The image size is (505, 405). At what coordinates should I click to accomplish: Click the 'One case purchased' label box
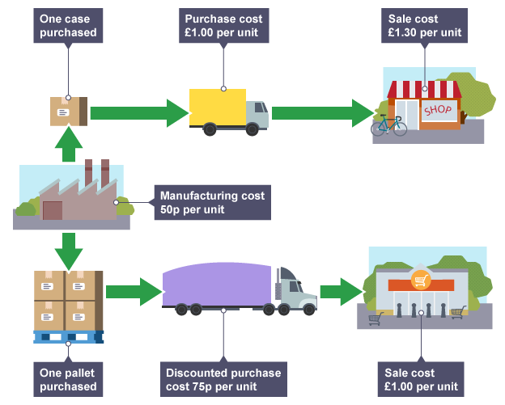(x=69, y=25)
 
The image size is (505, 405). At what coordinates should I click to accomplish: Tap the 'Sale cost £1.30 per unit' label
(x=424, y=25)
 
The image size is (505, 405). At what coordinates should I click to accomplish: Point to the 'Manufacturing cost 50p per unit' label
(x=211, y=203)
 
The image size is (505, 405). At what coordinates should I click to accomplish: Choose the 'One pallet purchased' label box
(x=68, y=379)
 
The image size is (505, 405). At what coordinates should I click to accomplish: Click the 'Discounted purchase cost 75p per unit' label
(x=223, y=379)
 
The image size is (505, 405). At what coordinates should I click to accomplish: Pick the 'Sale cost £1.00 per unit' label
(x=423, y=379)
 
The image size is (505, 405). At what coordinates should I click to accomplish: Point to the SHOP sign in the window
(x=437, y=110)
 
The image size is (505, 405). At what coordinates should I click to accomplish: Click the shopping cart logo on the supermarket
(x=420, y=281)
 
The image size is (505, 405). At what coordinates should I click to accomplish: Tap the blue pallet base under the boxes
(x=68, y=336)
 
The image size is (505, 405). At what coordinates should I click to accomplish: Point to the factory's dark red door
(x=53, y=211)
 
